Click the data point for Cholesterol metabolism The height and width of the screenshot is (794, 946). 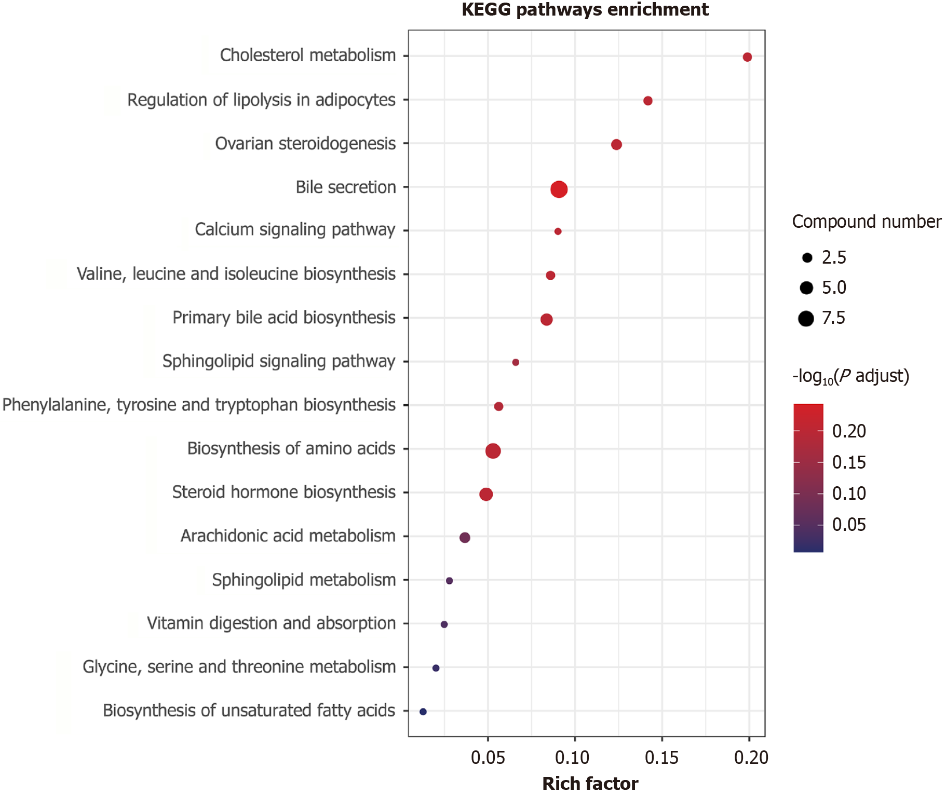(747, 57)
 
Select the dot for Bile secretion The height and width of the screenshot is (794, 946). (559, 189)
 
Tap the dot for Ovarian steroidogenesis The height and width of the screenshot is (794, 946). (616, 145)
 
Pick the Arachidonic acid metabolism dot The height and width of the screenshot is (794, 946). (465, 538)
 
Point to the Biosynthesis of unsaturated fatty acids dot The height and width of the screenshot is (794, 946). (423, 711)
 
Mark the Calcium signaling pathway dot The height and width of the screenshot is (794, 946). (558, 231)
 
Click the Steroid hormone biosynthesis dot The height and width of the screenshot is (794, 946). (486, 495)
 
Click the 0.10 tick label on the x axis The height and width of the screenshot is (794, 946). (572, 758)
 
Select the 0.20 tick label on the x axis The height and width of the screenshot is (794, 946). (751, 758)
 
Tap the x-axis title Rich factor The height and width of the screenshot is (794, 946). (590, 784)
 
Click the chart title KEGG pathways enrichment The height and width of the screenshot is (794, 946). (585, 10)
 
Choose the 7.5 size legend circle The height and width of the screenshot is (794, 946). (806, 318)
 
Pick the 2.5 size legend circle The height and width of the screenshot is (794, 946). (807, 257)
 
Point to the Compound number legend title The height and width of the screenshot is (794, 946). (866, 222)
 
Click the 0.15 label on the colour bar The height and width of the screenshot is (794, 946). (849, 462)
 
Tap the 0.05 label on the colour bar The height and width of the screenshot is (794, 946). (849, 525)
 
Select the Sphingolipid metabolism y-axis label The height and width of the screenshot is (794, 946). (304, 580)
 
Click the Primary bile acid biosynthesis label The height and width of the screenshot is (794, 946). (284, 318)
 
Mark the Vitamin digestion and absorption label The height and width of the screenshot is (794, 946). (271, 623)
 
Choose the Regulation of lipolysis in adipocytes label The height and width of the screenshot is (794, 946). (261, 100)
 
